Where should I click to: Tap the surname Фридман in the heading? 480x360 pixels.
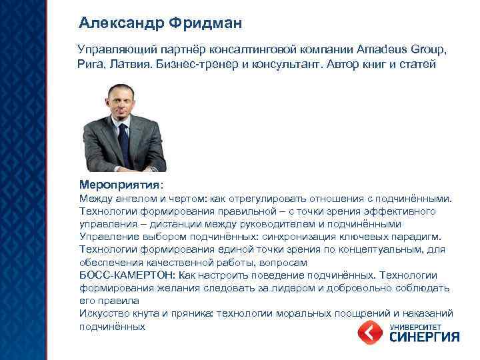tap(206, 23)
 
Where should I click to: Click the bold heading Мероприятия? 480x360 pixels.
tap(119, 183)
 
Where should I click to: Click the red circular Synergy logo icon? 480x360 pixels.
tap(369, 332)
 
